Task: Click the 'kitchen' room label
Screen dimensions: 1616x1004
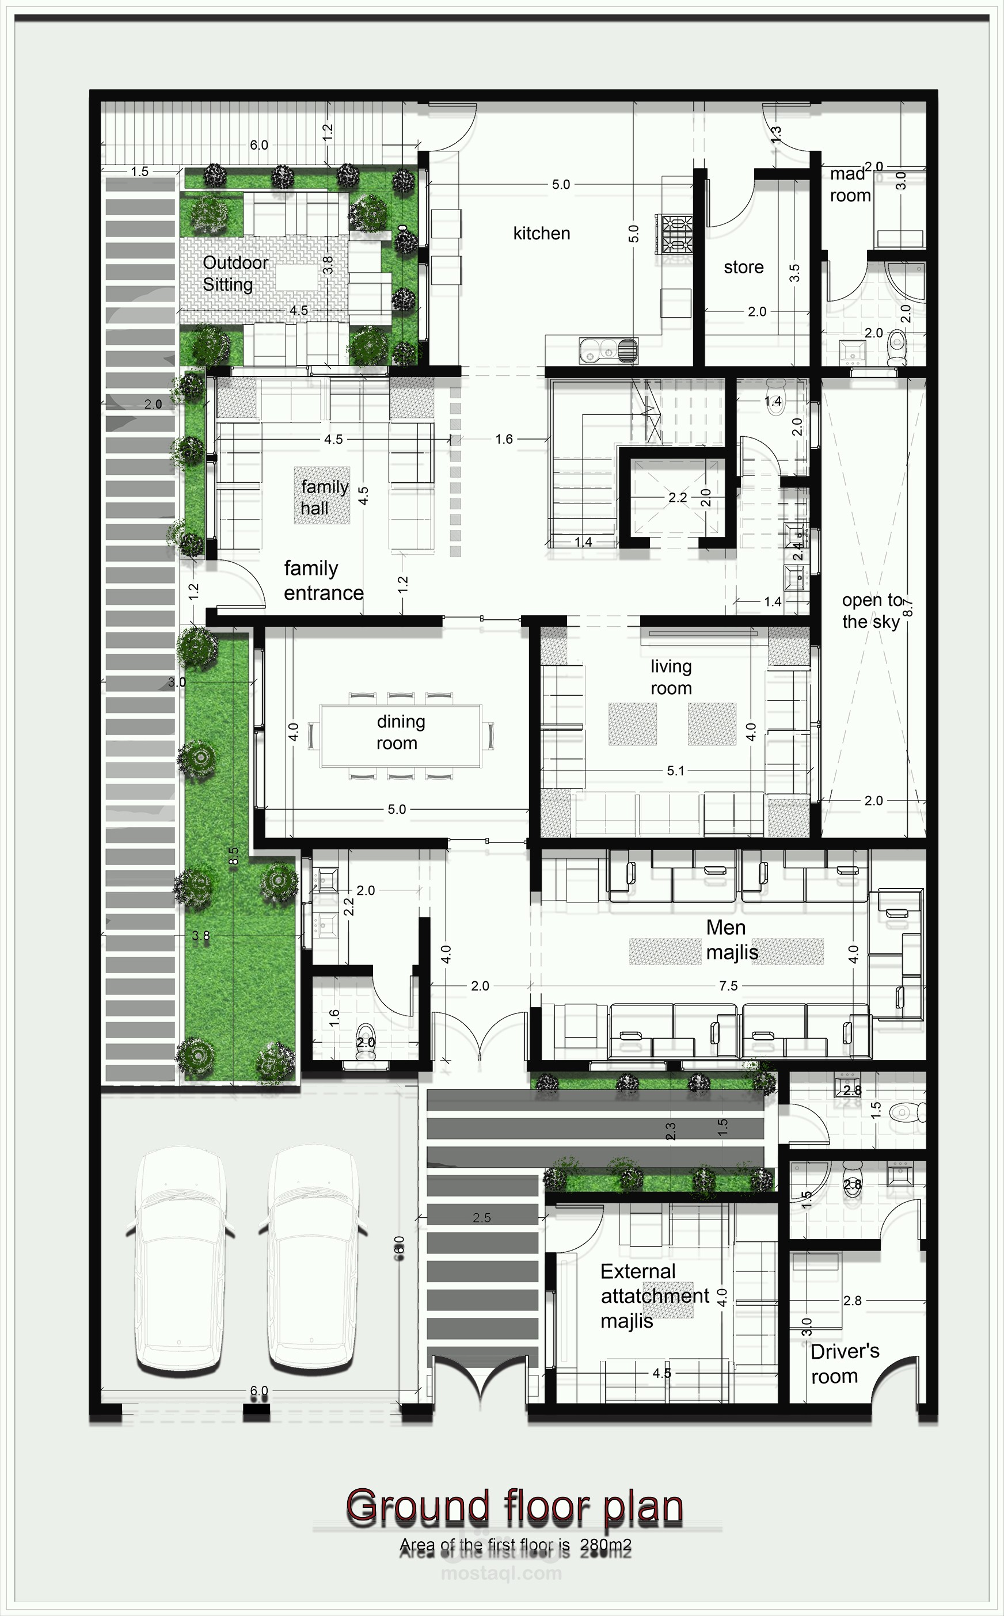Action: pos(541,234)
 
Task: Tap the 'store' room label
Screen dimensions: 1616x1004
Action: pos(743,268)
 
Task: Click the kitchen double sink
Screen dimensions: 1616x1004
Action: pos(607,350)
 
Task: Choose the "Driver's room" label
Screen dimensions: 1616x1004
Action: pos(844,1363)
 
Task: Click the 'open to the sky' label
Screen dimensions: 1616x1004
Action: pos(872,611)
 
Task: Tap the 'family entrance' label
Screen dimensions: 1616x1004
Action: pos(323,581)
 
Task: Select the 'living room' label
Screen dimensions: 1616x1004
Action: pos(671,677)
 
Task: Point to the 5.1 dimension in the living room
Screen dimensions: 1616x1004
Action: pos(675,771)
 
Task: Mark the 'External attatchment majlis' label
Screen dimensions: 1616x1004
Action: pos(654,1295)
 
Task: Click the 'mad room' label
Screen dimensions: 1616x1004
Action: pos(849,185)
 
